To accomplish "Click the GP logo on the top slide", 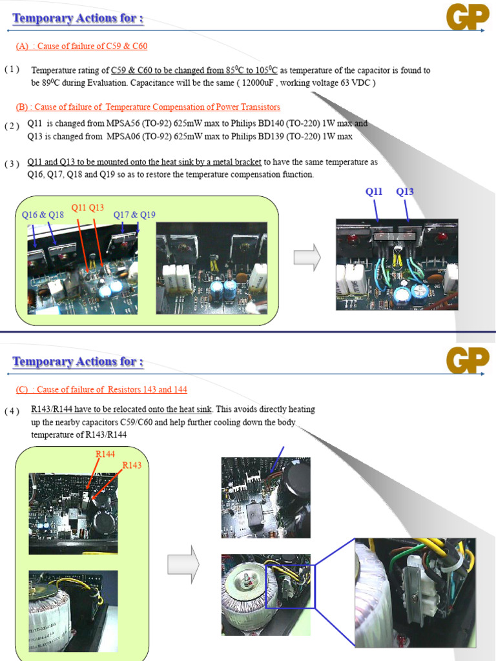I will coord(467,17).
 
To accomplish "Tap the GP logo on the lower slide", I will coord(467,361).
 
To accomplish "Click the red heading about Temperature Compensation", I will coord(148,107).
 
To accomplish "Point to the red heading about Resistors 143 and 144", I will coord(101,390).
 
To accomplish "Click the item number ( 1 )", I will coord(12,70).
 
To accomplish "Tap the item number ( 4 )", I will coord(12,411).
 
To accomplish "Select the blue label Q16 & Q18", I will coord(43,215).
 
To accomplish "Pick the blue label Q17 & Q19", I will coord(134,215).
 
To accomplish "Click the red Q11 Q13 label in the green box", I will coord(88,207).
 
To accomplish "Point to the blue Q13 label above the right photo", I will coord(405,192).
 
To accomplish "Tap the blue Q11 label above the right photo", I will coord(374,192).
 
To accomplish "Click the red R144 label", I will coord(105,454).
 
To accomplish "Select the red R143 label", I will coord(132,465).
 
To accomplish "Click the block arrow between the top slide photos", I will coord(307,258).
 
